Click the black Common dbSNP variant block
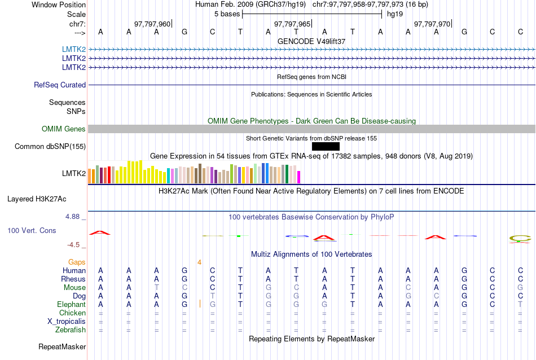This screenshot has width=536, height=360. click(326, 146)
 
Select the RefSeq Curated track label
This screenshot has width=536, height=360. click(60, 85)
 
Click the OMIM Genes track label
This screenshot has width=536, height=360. click(64, 129)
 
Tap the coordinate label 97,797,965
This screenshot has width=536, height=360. click(292, 24)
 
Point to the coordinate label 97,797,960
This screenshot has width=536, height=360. click(152, 24)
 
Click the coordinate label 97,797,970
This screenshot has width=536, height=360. click(432, 24)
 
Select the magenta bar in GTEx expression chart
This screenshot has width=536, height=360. click(299, 177)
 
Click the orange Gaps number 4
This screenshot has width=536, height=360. click(199, 262)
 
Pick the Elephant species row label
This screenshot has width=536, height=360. click(71, 305)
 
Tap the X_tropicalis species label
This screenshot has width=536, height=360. click(67, 322)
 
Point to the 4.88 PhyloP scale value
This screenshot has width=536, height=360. click(74, 216)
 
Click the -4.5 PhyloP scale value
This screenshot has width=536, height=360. click(76, 245)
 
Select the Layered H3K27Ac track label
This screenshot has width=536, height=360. click(37, 199)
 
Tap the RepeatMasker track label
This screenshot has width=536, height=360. click(62, 346)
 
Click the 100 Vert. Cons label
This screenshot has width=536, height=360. click(32, 231)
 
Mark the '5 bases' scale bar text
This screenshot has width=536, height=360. click(227, 14)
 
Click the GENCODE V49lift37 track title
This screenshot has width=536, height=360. click(311, 41)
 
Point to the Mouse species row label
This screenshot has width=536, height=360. click(74, 288)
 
